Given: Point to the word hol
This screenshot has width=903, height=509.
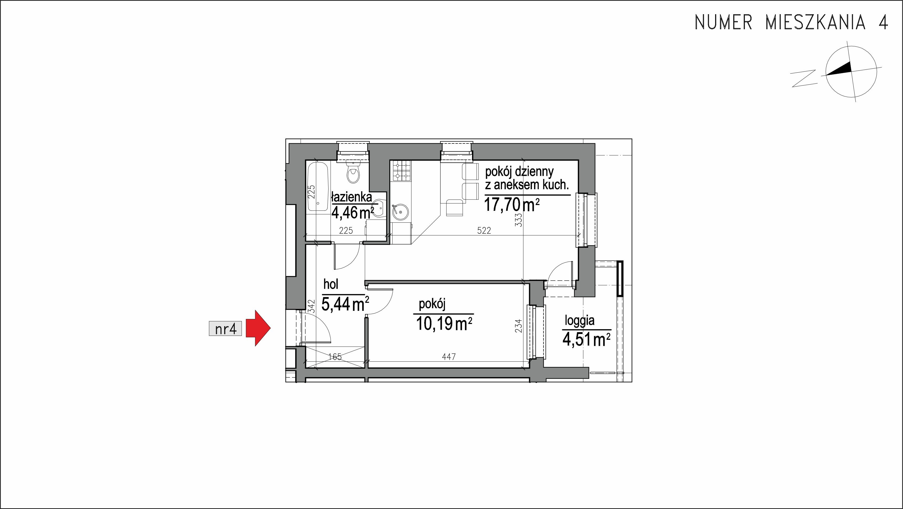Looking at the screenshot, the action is tap(331, 284).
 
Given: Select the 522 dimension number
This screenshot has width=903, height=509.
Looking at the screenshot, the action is tap(484, 230).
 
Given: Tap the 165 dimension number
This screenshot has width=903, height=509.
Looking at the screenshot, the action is tap(335, 357).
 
